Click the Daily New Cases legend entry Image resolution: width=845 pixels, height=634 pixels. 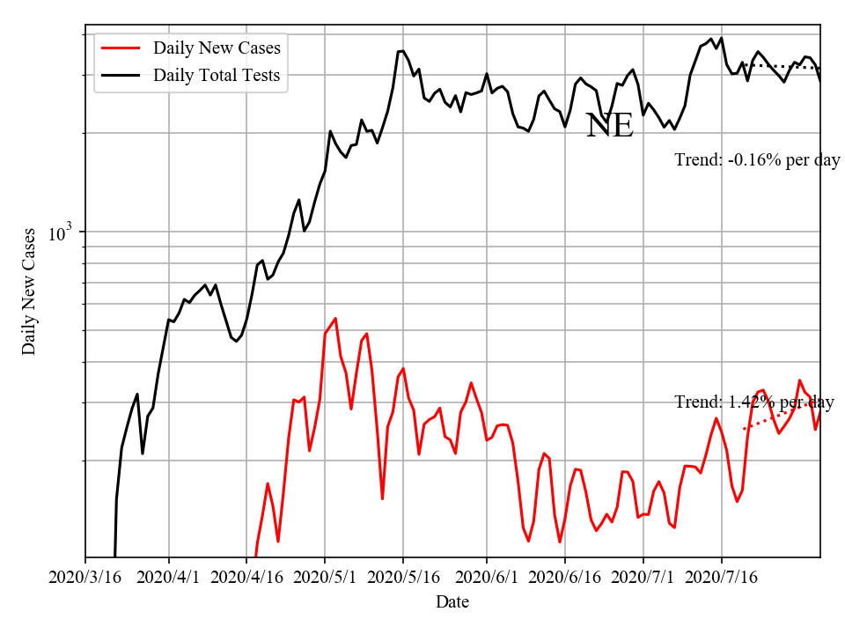coord(217,48)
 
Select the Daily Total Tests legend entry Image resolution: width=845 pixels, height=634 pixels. coord(217,75)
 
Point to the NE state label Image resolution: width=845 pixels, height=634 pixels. coord(609,126)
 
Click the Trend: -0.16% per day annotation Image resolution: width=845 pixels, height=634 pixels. coord(757,160)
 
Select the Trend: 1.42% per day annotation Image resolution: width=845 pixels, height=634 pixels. coord(754,402)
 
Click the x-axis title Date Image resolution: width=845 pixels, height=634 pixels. coord(452,602)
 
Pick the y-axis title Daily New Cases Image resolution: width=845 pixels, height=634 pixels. coord(29,291)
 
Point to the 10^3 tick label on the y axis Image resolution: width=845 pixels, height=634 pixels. coord(60,233)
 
